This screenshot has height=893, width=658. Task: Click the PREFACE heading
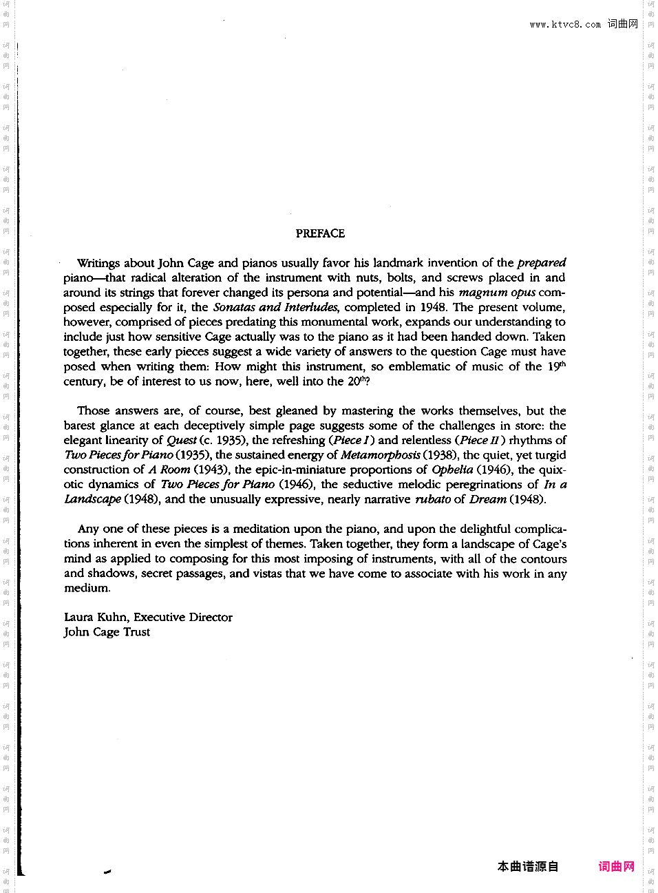pos(320,233)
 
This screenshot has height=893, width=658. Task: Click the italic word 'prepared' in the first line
pos(541,263)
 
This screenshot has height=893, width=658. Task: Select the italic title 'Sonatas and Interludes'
pos(275,307)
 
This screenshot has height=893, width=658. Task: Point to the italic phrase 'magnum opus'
pos(497,292)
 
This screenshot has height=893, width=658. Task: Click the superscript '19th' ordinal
pos(557,366)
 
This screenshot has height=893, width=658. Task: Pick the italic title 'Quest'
pos(182,440)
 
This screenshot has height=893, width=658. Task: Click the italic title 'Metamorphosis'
pos(380,455)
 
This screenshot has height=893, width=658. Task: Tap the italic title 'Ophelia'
pos(452,470)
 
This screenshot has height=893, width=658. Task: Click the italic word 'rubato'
pos(433,499)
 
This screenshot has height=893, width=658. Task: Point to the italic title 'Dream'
pos(488,499)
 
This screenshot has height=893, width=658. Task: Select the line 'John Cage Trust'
pos(107,632)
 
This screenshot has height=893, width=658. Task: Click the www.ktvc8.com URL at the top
pos(565,24)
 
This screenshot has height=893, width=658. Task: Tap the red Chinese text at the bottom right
pos(616,866)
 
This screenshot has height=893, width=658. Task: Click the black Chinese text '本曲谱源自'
pos(528,866)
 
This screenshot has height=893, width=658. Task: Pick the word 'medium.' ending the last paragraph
pos(87,588)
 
